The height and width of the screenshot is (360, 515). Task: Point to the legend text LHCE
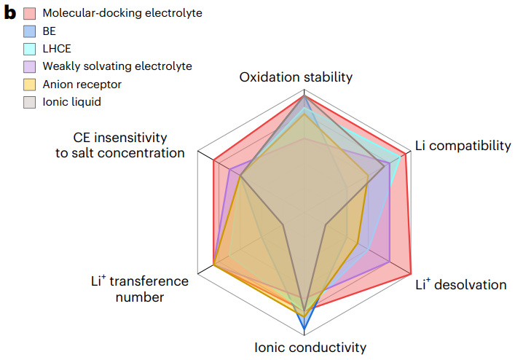58,49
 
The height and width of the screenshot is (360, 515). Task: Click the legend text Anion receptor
82,85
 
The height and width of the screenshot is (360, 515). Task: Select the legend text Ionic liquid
71,102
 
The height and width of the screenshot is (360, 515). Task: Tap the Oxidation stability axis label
296,77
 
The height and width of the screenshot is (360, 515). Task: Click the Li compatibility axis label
463,146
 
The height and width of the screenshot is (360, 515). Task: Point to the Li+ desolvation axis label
460,284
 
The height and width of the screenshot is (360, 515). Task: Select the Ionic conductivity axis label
310,348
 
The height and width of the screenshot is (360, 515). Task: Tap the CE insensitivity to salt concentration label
120,145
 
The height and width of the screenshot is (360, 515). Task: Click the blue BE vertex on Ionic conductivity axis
304,325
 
